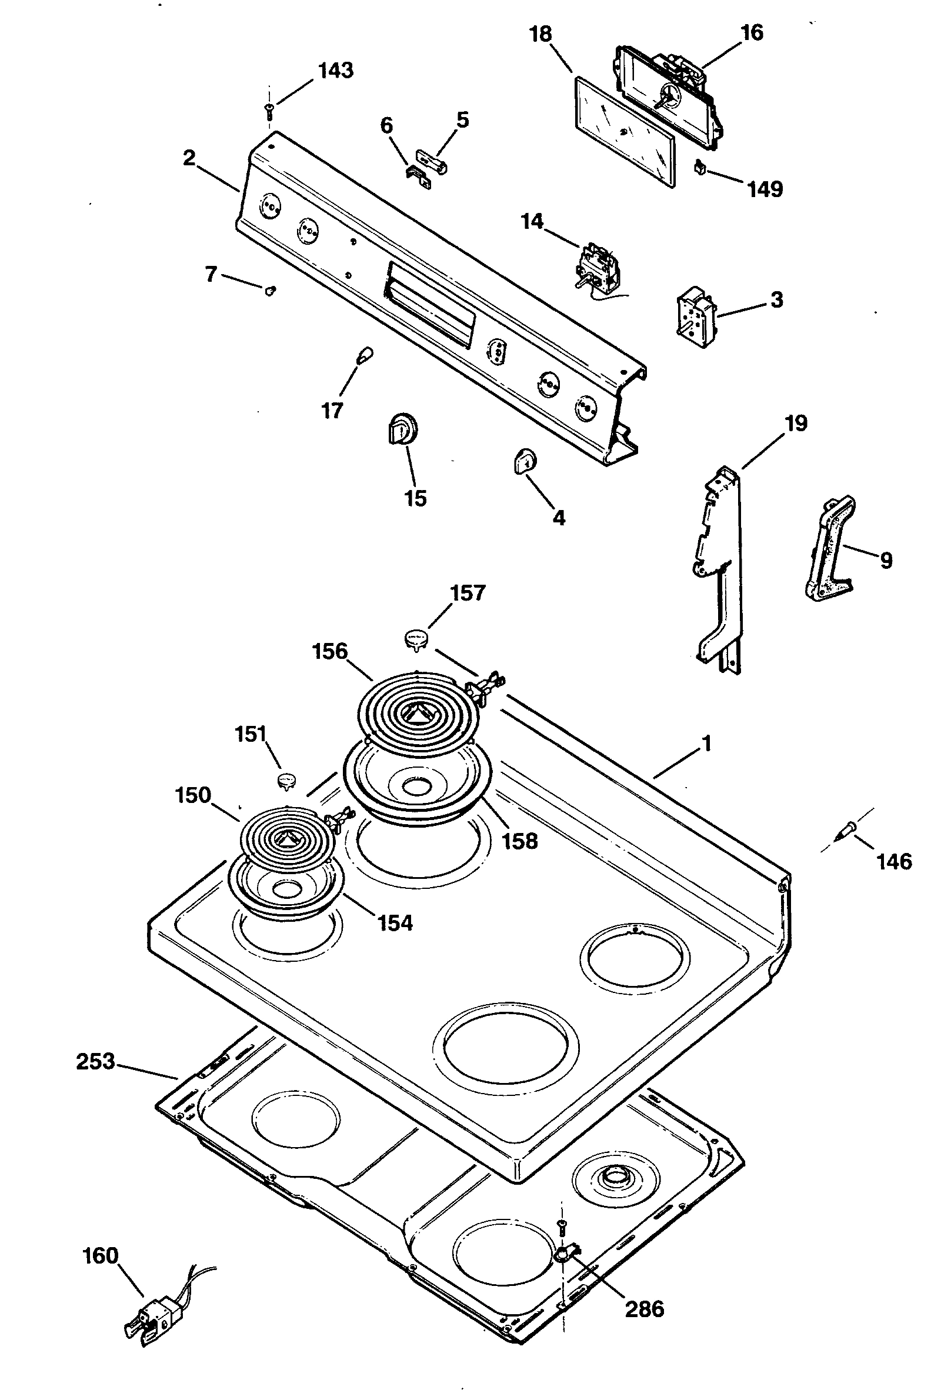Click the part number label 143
click(x=336, y=71)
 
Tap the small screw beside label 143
click(x=269, y=109)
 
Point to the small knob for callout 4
click(x=525, y=462)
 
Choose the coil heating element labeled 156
click(x=418, y=711)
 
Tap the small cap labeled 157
click(x=417, y=638)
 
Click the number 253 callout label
click(x=95, y=1062)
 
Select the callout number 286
click(x=645, y=1308)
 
